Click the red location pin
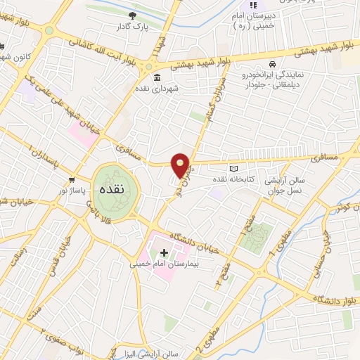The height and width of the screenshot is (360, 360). click(181, 165)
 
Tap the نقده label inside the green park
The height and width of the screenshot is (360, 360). click(112, 190)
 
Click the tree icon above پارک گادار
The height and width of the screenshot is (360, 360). click(132, 15)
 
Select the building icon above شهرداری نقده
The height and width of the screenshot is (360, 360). click(156, 78)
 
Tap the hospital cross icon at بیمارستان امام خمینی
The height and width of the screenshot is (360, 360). click(164, 252)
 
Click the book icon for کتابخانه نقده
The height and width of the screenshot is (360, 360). click(234, 169)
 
